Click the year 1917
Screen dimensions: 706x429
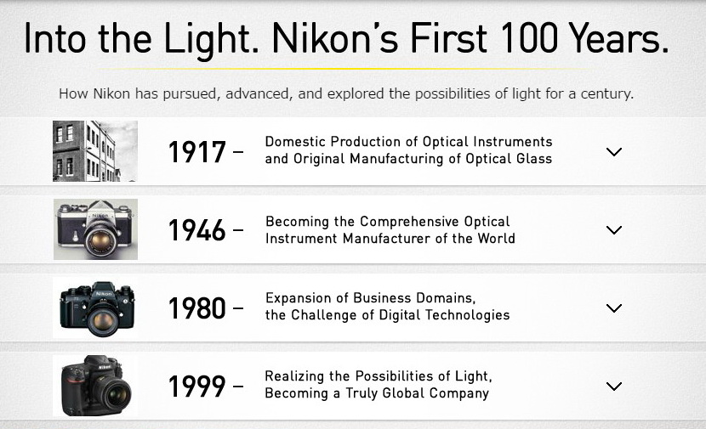(x=196, y=152)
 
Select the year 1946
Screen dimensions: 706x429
(x=196, y=230)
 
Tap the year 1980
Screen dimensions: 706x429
(x=196, y=308)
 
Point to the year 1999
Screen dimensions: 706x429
(x=196, y=387)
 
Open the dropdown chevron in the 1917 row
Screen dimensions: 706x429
(x=614, y=152)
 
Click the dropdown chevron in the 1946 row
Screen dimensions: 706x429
(x=614, y=230)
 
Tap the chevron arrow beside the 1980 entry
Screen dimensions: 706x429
(x=614, y=308)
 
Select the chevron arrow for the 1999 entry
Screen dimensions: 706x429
(x=614, y=387)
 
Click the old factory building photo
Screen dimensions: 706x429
(x=95, y=151)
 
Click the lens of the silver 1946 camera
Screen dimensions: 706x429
(x=100, y=242)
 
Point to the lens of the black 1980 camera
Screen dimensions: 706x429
(x=103, y=319)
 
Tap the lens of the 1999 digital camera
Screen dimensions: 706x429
(x=115, y=393)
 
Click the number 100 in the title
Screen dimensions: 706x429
(x=529, y=38)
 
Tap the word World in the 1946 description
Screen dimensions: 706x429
(x=496, y=239)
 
